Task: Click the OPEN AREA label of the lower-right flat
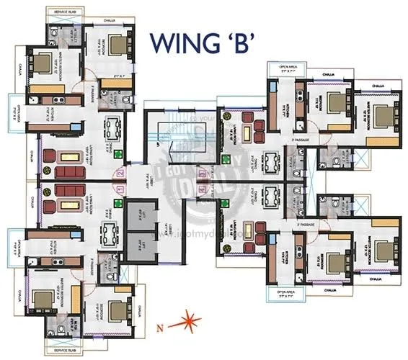[x=288, y=292]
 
